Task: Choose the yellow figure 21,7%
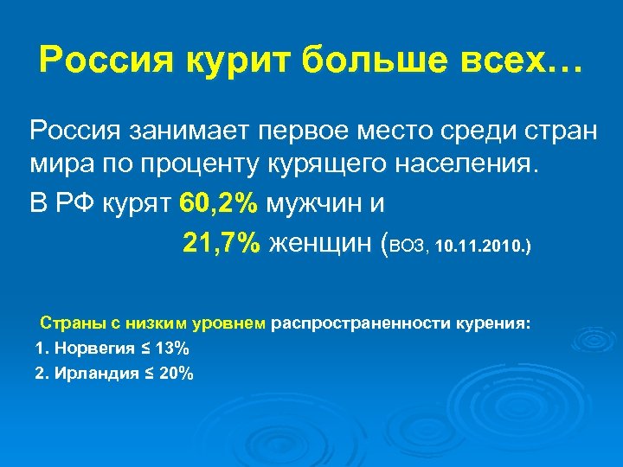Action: point(221,244)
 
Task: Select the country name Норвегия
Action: point(93,349)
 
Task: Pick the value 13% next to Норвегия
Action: point(173,349)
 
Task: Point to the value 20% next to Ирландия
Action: point(177,374)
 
